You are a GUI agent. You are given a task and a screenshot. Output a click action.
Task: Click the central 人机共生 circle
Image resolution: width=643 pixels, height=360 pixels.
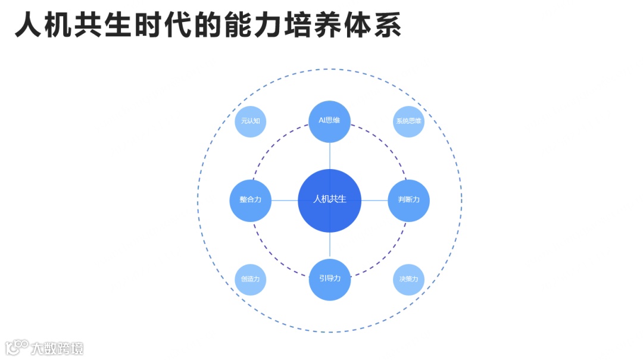point(329,200)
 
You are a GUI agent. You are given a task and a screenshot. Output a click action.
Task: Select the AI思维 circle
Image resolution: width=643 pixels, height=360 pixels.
point(329,121)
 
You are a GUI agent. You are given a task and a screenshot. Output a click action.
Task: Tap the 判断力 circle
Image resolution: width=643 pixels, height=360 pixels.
point(408,200)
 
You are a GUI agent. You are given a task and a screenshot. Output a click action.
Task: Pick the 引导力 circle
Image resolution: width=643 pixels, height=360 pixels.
point(329,279)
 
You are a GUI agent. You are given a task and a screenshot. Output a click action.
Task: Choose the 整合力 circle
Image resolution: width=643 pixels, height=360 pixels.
point(251,200)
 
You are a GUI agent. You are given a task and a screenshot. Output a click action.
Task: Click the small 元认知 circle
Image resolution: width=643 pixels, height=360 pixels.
point(251,121)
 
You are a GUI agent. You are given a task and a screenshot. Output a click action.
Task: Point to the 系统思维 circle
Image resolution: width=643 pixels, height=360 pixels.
point(408,121)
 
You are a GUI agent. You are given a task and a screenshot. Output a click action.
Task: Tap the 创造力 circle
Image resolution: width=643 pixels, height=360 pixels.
point(251,279)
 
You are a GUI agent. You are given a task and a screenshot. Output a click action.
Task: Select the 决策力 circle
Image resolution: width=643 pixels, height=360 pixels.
point(408,279)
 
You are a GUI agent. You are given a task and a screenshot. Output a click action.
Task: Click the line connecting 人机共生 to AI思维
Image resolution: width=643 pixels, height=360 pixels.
point(329,156)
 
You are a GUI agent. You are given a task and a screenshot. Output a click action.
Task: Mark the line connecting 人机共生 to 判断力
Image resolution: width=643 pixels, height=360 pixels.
point(374,200)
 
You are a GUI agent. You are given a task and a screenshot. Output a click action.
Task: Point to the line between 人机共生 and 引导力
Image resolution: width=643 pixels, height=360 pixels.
point(329,245)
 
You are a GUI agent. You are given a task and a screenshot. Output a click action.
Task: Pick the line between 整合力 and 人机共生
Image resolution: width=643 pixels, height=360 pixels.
point(285,200)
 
